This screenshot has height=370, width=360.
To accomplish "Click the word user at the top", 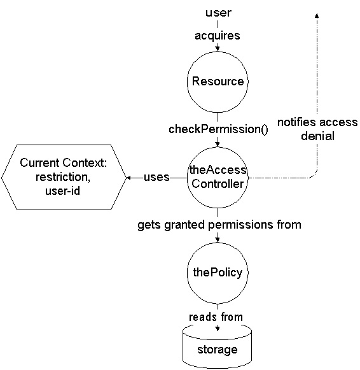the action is pyautogui.click(x=218, y=13).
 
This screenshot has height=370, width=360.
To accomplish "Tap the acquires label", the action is pyautogui.click(x=218, y=36).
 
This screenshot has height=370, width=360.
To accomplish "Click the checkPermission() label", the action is pyautogui.click(x=218, y=129).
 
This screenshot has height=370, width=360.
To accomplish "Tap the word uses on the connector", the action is pyautogui.click(x=156, y=177).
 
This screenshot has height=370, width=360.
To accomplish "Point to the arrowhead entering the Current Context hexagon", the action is pyautogui.click(x=128, y=178).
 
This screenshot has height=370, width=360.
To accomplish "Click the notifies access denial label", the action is pyautogui.click(x=317, y=129).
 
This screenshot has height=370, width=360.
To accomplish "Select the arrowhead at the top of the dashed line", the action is pyautogui.click(x=317, y=15).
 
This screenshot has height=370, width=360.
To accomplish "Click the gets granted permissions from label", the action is pyautogui.click(x=219, y=225).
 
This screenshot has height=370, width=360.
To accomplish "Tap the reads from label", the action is pyautogui.click(x=216, y=317).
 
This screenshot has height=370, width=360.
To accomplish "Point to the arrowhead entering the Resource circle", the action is pyautogui.click(x=218, y=49).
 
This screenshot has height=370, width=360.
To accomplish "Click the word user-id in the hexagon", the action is pyautogui.click(x=63, y=190).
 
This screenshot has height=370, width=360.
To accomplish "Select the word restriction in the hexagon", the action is pyautogui.click(x=63, y=177).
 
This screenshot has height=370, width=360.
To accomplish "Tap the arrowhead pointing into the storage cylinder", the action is pyautogui.click(x=218, y=328).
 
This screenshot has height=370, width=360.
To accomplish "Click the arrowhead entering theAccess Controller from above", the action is pyautogui.click(x=218, y=145).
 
